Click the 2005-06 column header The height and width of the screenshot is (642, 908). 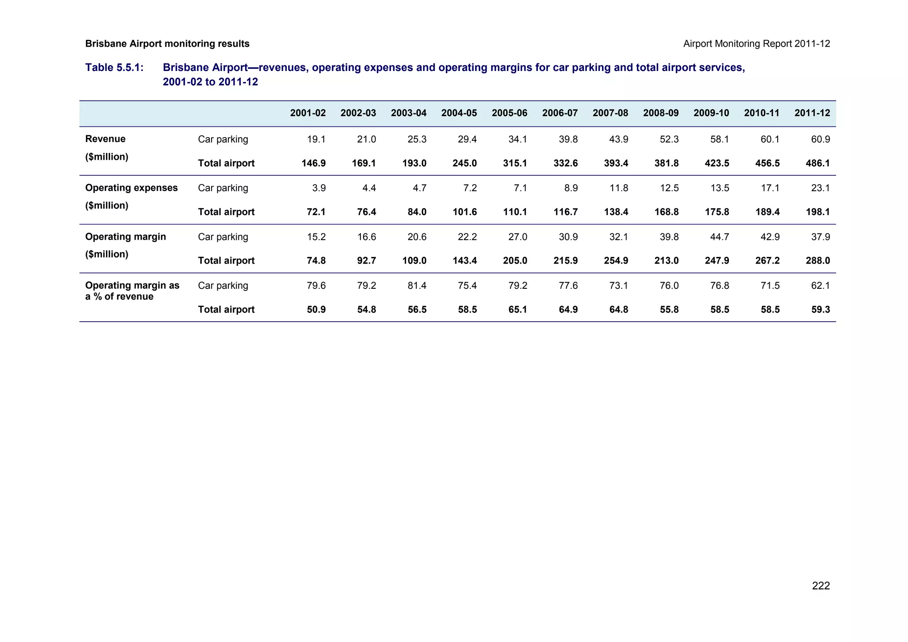click(509, 113)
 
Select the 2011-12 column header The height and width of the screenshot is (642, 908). click(812, 113)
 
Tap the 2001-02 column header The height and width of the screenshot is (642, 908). click(308, 113)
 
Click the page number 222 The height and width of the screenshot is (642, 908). click(821, 586)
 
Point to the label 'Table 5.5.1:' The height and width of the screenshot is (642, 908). click(114, 67)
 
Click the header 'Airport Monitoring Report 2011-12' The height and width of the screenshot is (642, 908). click(756, 43)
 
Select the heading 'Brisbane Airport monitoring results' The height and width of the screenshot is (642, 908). click(167, 43)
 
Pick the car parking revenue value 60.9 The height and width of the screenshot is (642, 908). click(820, 139)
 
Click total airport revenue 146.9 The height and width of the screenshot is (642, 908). click(313, 163)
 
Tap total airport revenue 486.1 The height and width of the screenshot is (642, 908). click(818, 163)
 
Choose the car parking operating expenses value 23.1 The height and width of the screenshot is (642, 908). click(820, 188)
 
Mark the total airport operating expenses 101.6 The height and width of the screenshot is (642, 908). click(465, 212)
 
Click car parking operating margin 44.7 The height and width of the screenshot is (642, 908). click(719, 237)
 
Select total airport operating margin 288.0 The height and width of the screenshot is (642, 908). click(818, 261)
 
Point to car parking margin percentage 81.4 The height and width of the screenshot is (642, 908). click(417, 286)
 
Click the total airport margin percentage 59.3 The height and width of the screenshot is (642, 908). click(820, 310)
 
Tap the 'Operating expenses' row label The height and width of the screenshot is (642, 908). click(131, 188)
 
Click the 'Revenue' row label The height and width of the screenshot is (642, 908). click(105, 139)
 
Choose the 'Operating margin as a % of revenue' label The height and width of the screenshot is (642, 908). click(132, 291)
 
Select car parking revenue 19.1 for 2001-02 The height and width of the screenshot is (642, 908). click(316, 139)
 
